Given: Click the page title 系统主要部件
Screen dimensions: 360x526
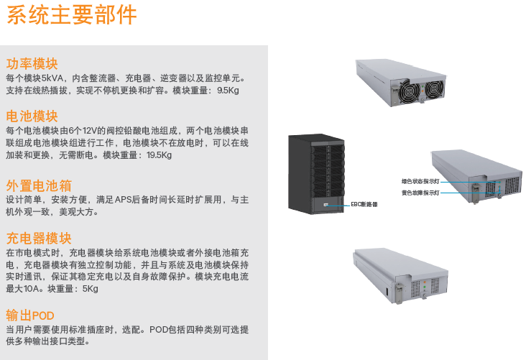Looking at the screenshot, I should click(x=71, y=15).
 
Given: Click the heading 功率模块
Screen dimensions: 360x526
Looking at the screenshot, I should click(x=32, y=63).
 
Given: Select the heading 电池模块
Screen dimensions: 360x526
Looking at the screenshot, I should click(x=32, y=116).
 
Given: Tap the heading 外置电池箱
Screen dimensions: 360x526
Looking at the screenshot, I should click(x=39, y=185).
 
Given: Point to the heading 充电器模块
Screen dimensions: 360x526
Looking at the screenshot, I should click(x=39, y=239).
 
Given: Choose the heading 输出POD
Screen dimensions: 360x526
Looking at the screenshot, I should click(x=30, y=315).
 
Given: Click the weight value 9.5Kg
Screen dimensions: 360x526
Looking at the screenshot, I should click(x=228, y=91).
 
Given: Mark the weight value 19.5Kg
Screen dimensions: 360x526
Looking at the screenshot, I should click(x=159, y=155).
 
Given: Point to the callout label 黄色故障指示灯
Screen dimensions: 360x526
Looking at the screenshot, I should click(x=420, y=193).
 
